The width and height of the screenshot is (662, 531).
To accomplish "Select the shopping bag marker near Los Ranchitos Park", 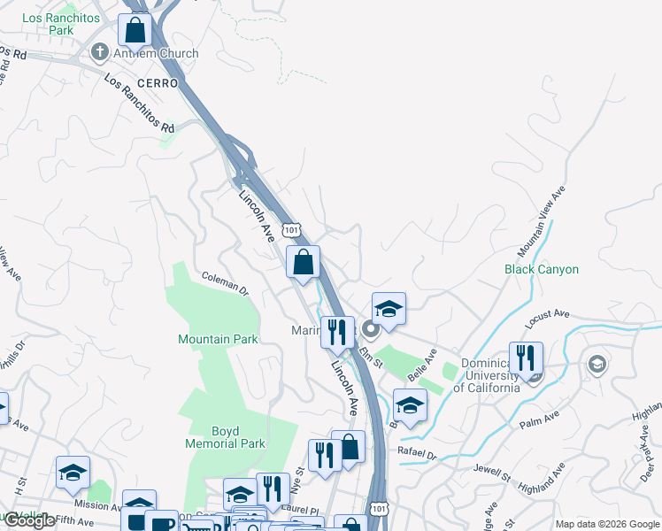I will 135,29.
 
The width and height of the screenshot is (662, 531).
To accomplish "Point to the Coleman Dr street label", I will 226,282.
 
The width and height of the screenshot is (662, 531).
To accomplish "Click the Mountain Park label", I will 218,339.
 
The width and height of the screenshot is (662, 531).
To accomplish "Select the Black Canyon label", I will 542,269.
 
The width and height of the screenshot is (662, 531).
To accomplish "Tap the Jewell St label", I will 492,471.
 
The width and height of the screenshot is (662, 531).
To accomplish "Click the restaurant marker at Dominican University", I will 527,358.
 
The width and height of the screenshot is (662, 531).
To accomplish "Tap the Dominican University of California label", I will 487,375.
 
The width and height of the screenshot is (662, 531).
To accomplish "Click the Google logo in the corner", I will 29,520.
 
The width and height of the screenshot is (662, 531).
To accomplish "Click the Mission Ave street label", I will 97,506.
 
